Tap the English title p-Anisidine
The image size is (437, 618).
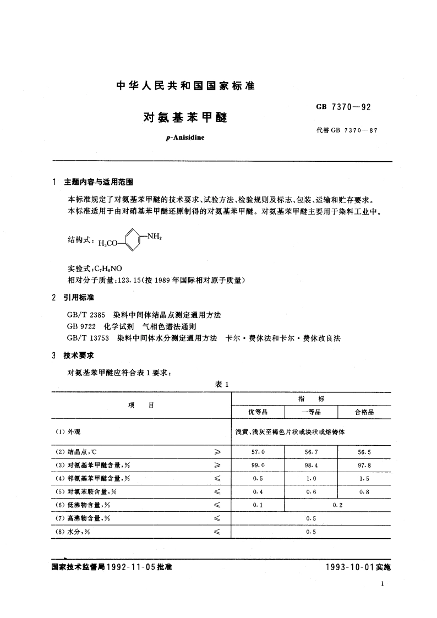[x=184, y=137]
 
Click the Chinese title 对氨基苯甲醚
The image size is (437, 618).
[x=185, y=117]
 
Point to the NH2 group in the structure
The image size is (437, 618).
[x=153, y=237]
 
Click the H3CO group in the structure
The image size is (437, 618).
[x=107, y=244]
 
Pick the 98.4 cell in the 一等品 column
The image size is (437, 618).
[x=311, y=464]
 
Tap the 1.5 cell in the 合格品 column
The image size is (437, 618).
[x=364, y=478]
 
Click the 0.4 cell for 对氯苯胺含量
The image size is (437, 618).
[x=258, y=491]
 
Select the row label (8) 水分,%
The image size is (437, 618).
[x=76, y=531]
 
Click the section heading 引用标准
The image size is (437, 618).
[x=79, y=298]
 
